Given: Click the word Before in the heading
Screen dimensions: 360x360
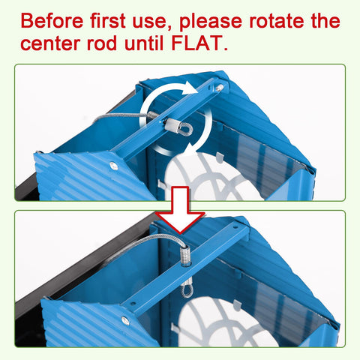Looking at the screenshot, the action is click(x=52, y=21).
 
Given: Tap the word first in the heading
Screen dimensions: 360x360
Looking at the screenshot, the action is click(x=108, y=21).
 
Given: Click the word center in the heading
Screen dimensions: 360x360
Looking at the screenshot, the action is click(x=50, y=43).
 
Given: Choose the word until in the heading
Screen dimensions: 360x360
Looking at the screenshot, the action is click(x=144, y=43).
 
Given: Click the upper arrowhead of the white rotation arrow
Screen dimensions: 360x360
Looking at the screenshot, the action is click(x=190, y=88).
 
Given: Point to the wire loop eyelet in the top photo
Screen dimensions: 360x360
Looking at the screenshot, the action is click(x=186, y=129).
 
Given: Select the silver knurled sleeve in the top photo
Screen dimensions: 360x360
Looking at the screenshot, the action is click(x=172, y=124).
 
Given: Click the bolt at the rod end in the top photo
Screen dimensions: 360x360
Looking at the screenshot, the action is click(x=219, y=88).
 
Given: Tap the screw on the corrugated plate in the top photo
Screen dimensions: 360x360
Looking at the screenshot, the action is click(x=113, y=166).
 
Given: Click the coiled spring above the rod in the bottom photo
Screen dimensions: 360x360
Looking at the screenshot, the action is click(x=185, y=255).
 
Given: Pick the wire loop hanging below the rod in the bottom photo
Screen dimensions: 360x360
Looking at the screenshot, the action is click(x=187, y=290).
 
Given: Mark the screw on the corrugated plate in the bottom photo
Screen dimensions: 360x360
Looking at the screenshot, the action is click(x=125, y=320).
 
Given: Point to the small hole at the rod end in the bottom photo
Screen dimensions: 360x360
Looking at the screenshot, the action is click(x=235, y=228).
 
